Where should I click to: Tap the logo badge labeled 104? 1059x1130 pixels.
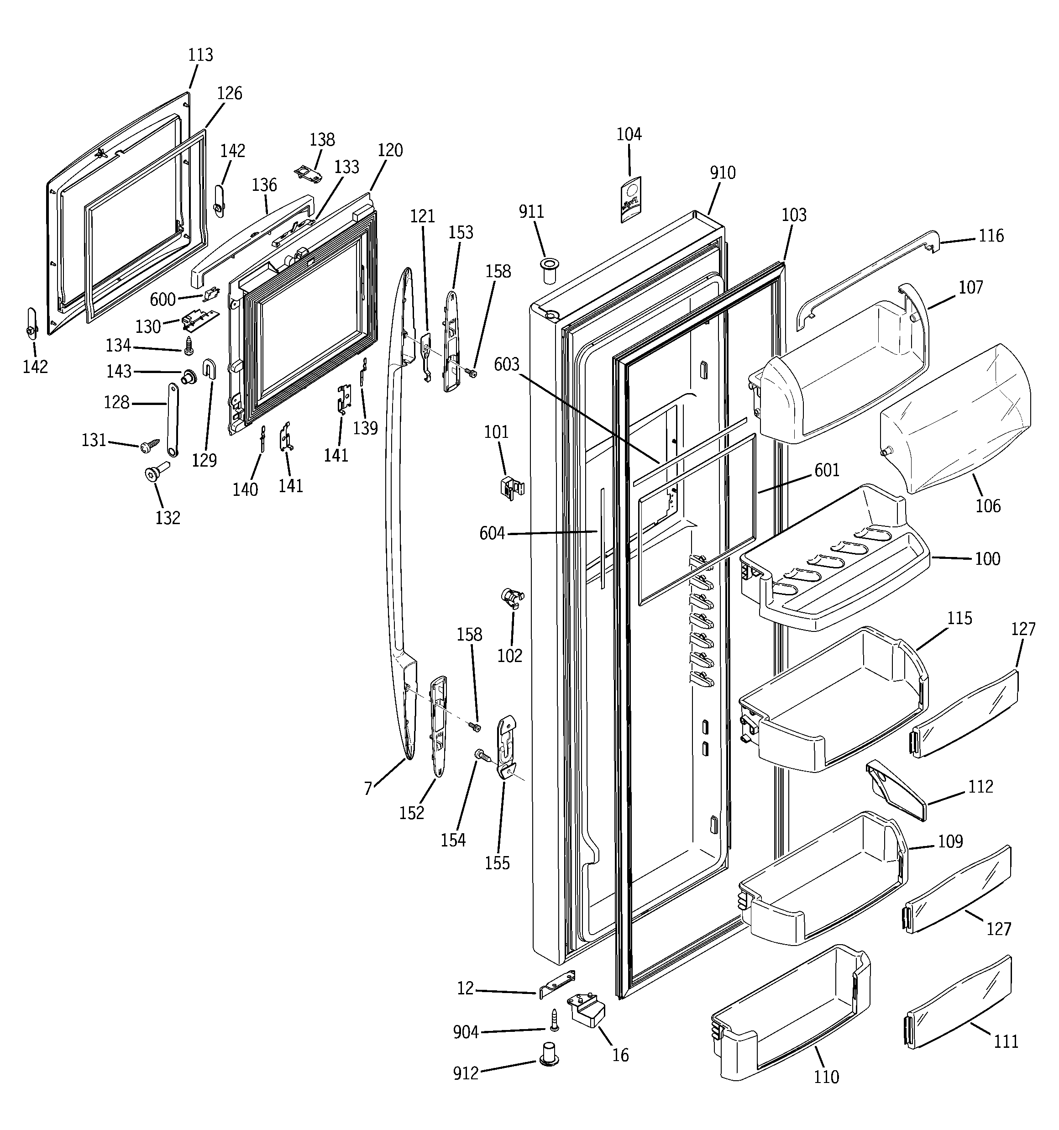(630, 199)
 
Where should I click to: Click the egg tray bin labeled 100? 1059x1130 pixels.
(836, 574)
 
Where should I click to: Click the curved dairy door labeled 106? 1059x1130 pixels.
(955, 420)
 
